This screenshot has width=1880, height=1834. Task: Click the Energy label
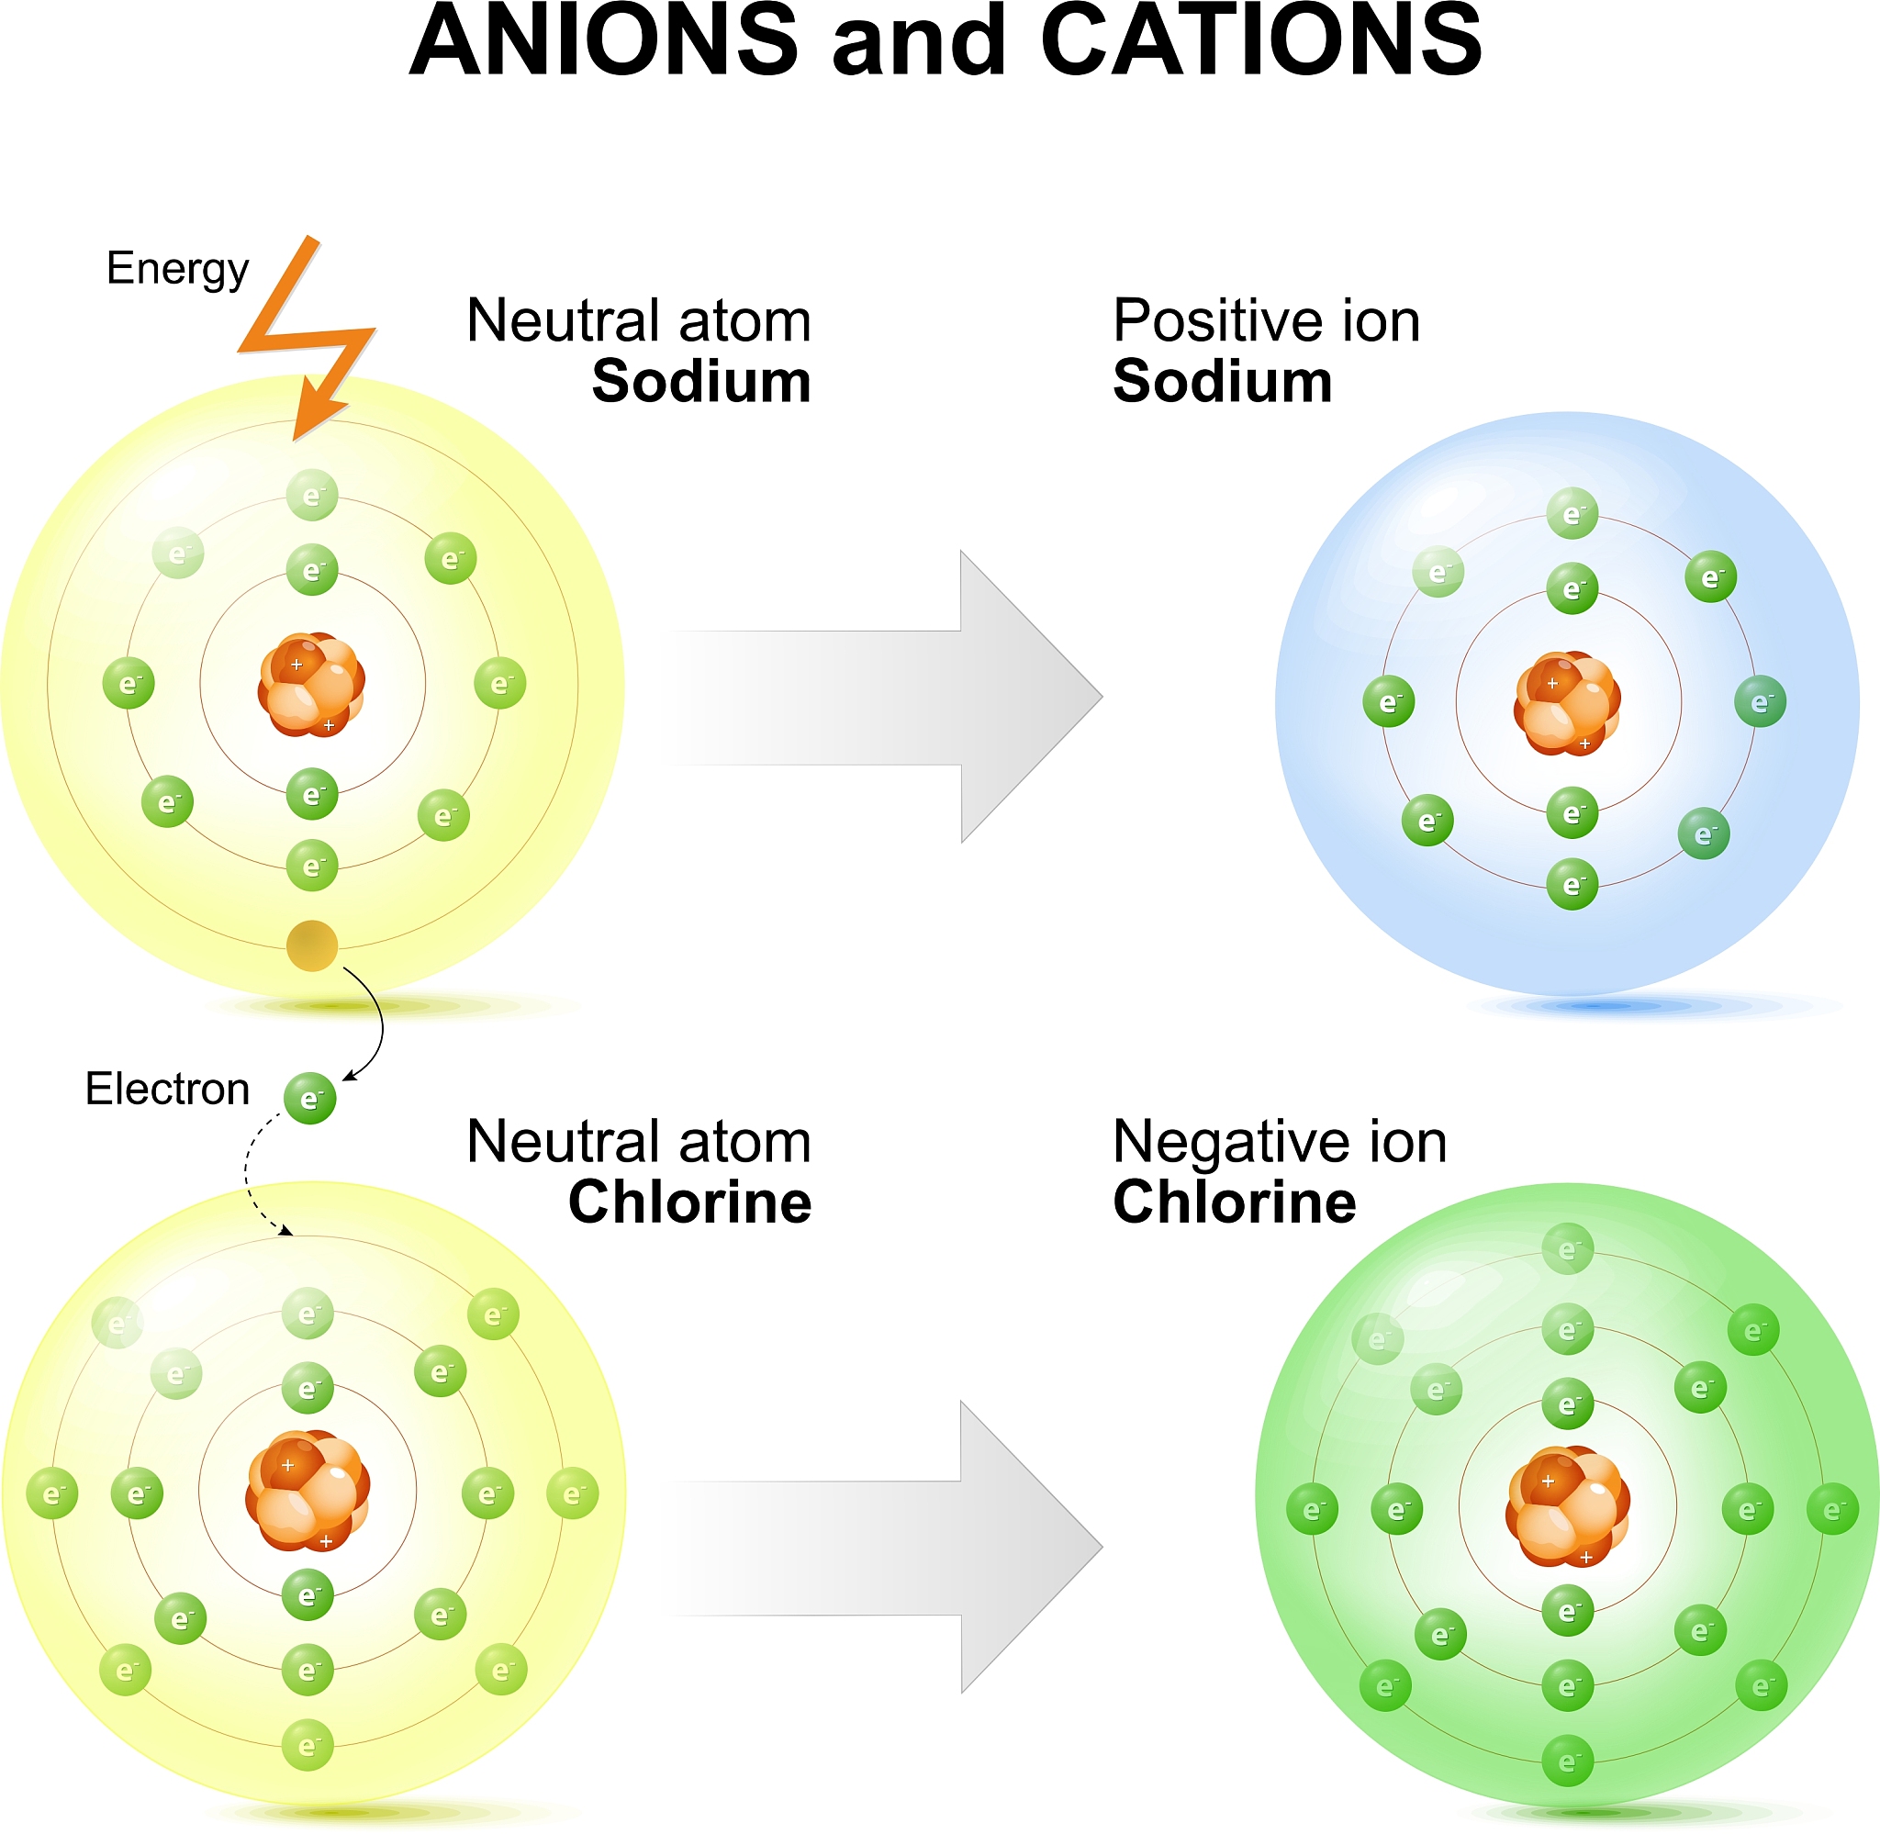[177, 269]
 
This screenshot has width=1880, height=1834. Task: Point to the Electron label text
[168, 1090]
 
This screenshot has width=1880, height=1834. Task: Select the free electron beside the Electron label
[310, 1099]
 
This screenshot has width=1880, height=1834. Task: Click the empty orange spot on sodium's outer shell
[312, 945]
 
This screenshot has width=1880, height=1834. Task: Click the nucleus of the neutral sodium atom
[311, 685]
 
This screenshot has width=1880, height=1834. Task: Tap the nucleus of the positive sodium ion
[1567, 703]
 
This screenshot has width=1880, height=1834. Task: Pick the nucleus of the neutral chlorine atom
[308, 1490]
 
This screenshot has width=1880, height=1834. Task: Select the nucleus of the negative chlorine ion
[1567, 1506]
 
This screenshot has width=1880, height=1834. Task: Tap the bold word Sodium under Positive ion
[1222, 382]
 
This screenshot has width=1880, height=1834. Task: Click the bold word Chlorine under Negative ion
[1234, 1202]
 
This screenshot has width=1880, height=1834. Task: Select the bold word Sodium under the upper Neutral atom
[701, 382]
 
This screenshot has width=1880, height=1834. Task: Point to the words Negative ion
[1279, 1143]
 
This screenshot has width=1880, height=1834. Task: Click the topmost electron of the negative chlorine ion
[1568, 1249]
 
